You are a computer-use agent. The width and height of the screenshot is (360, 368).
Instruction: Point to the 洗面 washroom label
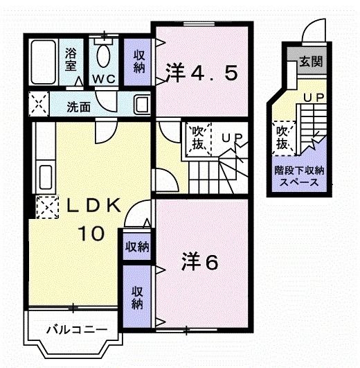(78, 107)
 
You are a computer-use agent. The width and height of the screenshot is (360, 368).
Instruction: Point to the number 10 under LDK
(91, 234)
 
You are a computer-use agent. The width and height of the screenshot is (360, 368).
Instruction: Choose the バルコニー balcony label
(67, 328)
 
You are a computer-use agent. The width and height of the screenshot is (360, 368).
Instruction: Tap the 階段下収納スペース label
(299, 177)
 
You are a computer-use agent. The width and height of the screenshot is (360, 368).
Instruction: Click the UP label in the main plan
(230, 138)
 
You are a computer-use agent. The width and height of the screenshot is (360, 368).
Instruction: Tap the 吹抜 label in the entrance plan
(282, 137)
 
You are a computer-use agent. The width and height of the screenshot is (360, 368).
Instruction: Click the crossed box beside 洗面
(38, 105)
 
